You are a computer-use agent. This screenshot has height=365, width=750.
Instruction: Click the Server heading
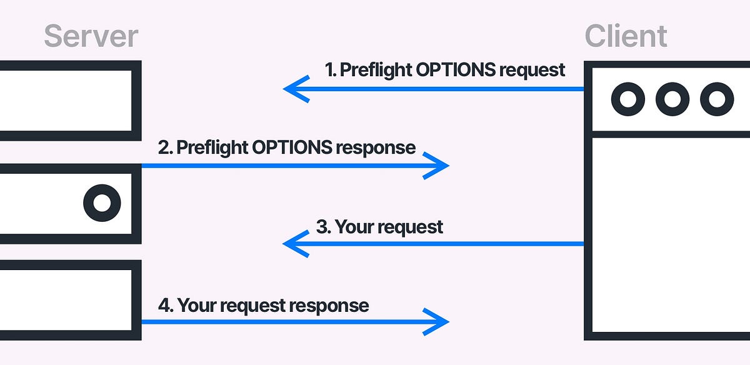coord(91,36)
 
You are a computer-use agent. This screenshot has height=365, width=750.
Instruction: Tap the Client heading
coord(626,36)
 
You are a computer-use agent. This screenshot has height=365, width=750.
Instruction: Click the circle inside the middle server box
coord(102,203)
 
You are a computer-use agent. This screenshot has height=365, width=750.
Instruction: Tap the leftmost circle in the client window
coord(627,99)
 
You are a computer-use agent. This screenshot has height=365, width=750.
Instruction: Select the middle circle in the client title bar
coord(672,99)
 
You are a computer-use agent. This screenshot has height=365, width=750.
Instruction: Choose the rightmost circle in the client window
coord(716,99)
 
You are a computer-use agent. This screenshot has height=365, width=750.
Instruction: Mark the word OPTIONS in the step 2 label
coord(292,147)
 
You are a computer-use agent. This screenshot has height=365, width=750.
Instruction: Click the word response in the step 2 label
coord(376,147)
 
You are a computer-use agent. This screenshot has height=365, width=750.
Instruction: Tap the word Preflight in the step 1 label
coord(374,69)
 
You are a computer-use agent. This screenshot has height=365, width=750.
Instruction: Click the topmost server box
coord(66,101)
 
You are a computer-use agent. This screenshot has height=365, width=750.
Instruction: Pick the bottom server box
coord(66,300)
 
